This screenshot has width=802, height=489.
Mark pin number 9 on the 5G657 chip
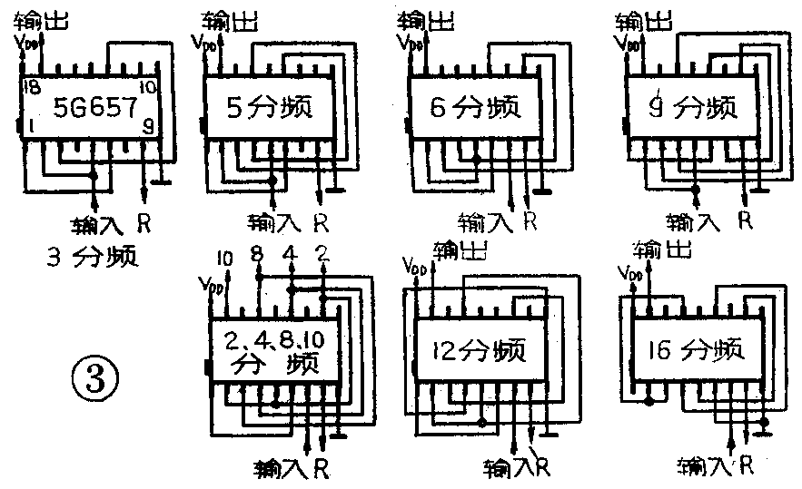pyautogui.click(x=147, y=129)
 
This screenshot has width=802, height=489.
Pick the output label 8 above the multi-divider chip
pyautogui.click(x=259, y=254)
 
